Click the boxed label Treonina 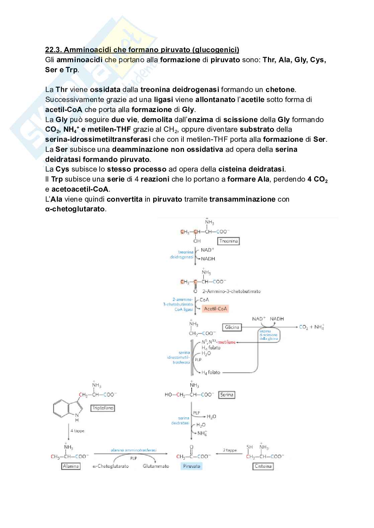pos(229,241)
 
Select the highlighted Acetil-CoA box pos(215,309)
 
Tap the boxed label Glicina pos(232,327)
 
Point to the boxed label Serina pos(226,395)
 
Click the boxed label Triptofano pos(103,408)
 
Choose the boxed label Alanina pos(71,466)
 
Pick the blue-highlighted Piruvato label pos(192,466)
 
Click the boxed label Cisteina pos(263,466)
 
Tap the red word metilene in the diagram pos(227,342)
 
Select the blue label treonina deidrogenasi pos(182,254)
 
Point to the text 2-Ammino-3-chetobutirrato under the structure pos(231,291)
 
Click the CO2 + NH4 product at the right pos(311,327)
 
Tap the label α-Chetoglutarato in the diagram pos(111,466)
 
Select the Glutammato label pos(156,466)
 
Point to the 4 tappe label pos(77,431)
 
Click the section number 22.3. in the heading pos(53,50)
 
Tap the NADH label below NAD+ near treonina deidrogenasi pos(208,259)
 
